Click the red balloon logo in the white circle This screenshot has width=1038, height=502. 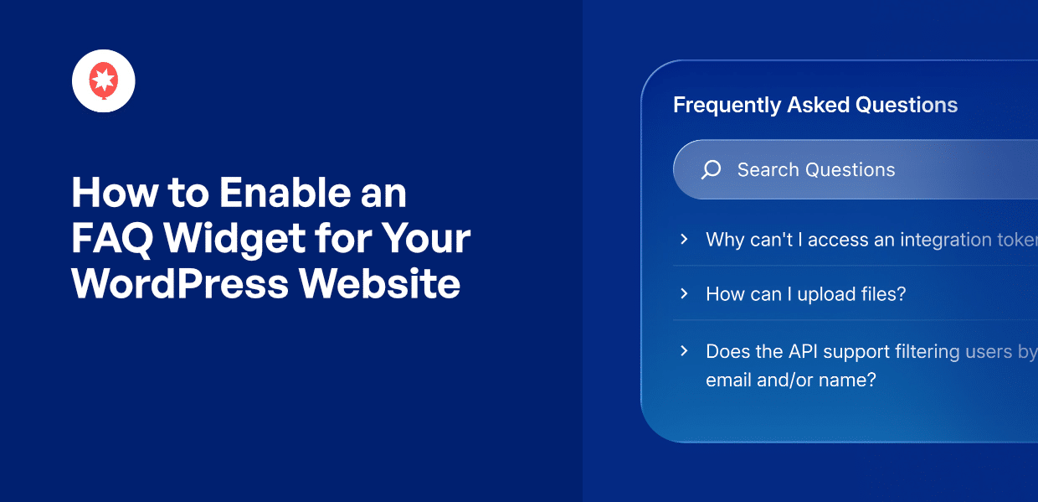[x=104, y=80]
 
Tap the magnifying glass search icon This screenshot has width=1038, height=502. [x=711, y=170]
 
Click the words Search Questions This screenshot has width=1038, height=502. [x=816, y=170]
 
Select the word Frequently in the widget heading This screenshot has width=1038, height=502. [x=727, y=106]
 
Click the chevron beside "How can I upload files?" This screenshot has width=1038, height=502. [x=684, y=293]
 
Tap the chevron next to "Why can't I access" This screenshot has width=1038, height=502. [x=684, y=240]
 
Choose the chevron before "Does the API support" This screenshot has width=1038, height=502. [x=684, y=351]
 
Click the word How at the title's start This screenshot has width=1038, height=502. [x=105, y=194]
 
